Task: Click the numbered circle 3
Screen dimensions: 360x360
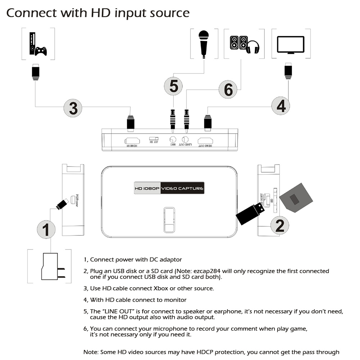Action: (73, 108)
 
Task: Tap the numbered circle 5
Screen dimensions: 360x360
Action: (174, 86)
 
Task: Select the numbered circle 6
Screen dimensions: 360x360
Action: (228, 89)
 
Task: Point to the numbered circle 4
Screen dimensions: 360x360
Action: (281, 105)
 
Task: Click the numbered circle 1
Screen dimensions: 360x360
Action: (46, 229)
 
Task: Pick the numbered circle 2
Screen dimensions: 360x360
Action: (280, 225)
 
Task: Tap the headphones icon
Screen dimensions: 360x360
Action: (252, 47)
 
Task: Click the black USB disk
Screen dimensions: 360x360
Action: (250, 213)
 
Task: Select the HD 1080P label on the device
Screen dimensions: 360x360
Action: (147, 188)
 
